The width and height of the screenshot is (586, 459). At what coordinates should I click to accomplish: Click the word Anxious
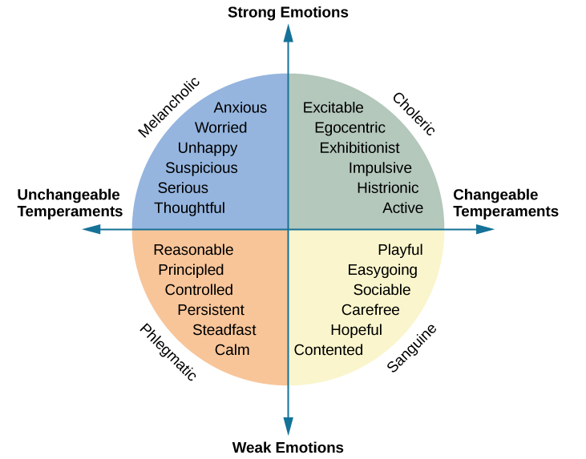pyautogui.click(x=240, y=108)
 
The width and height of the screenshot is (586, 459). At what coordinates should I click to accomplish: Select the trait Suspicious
pyautogui.click(x=201, y=168)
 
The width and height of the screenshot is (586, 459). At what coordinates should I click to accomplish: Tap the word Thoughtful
pyautogui.click(x=189, y=208)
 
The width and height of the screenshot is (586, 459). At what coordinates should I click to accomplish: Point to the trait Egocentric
pyautogui.click(x=350, y=128)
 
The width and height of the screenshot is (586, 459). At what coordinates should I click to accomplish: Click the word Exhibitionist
pyautogui.click(x=359, y=148)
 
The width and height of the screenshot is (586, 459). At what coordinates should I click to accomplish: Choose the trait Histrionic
pyautogui.click(x=387, y=188)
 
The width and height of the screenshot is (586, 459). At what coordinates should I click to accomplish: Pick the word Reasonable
pyautogui.click(x=193, y=250)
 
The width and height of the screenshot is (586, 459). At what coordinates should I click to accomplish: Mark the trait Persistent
pyautogui.click(x=211, y=310)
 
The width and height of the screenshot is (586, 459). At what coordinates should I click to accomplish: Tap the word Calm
pyautogui.click(x=232, y=350)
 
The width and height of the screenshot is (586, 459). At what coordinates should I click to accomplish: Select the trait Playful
pyautogui.click(x=400, y=250)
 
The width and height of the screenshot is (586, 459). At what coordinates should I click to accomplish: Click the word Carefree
pyautogui.click(x=370, y=310)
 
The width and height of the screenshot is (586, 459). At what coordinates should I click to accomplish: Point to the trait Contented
pyautogui.click(x=328, y=350)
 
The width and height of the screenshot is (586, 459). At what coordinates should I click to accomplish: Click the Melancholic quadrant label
pyautogui.click(x=168, y=107)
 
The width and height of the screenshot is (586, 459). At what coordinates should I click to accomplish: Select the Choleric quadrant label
pyautogui.click(x=414, y=114)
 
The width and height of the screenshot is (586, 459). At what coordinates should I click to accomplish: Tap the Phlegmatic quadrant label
pyautogui.click(x=168, y=352)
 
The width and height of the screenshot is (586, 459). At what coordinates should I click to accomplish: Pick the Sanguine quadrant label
pyautogui.click(x=411, y=348)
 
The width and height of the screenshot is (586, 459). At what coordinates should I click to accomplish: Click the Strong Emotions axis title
pyautogui.click(x=288, y=12)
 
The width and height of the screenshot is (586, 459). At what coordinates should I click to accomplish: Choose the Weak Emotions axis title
pyautogui.click(x=288, y=448)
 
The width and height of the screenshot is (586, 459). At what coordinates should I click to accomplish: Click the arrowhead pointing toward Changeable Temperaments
pyautogui.click(x=485, y=229)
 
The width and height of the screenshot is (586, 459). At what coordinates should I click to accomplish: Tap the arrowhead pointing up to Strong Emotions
pyautogui.click(x=289, y=33)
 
